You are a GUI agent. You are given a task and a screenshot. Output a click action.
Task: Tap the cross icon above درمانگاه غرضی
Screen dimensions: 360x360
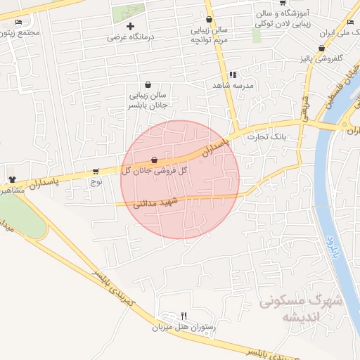click(129, 27)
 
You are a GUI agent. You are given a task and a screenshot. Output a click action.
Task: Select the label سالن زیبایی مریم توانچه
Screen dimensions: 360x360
click(209, 36)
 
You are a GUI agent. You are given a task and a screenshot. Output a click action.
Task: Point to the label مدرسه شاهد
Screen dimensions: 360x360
click(233, 85)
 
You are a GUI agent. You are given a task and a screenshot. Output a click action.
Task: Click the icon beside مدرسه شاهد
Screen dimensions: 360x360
click(233, 75)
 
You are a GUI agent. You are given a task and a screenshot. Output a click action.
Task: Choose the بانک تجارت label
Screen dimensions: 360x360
click(268, 138)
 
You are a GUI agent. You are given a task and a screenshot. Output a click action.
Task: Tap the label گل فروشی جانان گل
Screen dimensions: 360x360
click(154, 171)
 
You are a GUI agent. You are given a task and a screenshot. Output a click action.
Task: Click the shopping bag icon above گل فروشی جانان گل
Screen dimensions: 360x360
click(154, 160)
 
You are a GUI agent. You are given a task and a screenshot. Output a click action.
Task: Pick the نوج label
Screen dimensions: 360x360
click(96, 181)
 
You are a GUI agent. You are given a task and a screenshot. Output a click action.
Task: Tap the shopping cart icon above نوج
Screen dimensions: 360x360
click(96, 171)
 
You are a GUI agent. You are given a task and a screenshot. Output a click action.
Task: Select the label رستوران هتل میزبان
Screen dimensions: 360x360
click(184, 327)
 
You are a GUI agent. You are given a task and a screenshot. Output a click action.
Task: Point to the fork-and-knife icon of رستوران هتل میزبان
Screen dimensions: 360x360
click(184, 316)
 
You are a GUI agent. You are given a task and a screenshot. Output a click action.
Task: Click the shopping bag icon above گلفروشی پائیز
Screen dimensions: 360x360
click(321, 49)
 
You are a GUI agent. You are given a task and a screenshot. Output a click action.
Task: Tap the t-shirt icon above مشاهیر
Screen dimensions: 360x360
click(12, 179)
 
